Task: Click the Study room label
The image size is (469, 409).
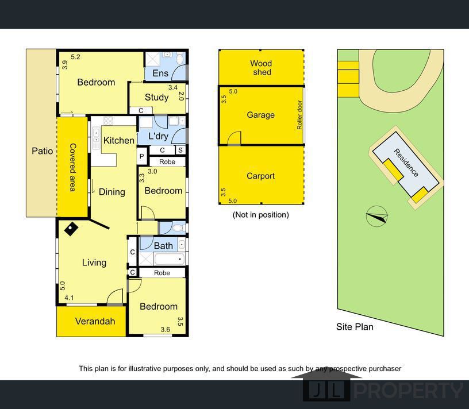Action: [156, 97]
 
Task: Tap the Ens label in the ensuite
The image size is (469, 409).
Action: [160, 74]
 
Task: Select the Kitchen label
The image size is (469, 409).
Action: [119, 140]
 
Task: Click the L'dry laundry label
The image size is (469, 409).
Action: [158, 136]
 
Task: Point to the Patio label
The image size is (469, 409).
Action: [42, 151]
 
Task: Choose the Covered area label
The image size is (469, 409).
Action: [72, 167]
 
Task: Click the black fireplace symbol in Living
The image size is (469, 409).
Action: [71, 229]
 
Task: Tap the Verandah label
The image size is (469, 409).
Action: [95, 321]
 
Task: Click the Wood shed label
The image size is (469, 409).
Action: [261, 68]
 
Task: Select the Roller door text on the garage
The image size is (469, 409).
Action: [299, 115]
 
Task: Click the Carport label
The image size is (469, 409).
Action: [260, 176]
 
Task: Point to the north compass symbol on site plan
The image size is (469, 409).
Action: [377, 216]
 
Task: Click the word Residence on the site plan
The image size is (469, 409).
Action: [406, 163]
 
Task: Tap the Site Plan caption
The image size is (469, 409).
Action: [355, 327]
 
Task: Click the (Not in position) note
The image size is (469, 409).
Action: [260, 215]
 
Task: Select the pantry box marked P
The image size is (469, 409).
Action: [142, 156]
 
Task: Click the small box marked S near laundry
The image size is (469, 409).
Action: [180, 150]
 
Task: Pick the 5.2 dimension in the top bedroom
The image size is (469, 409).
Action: [75, 57]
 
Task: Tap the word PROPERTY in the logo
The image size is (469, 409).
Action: [409, 391]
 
